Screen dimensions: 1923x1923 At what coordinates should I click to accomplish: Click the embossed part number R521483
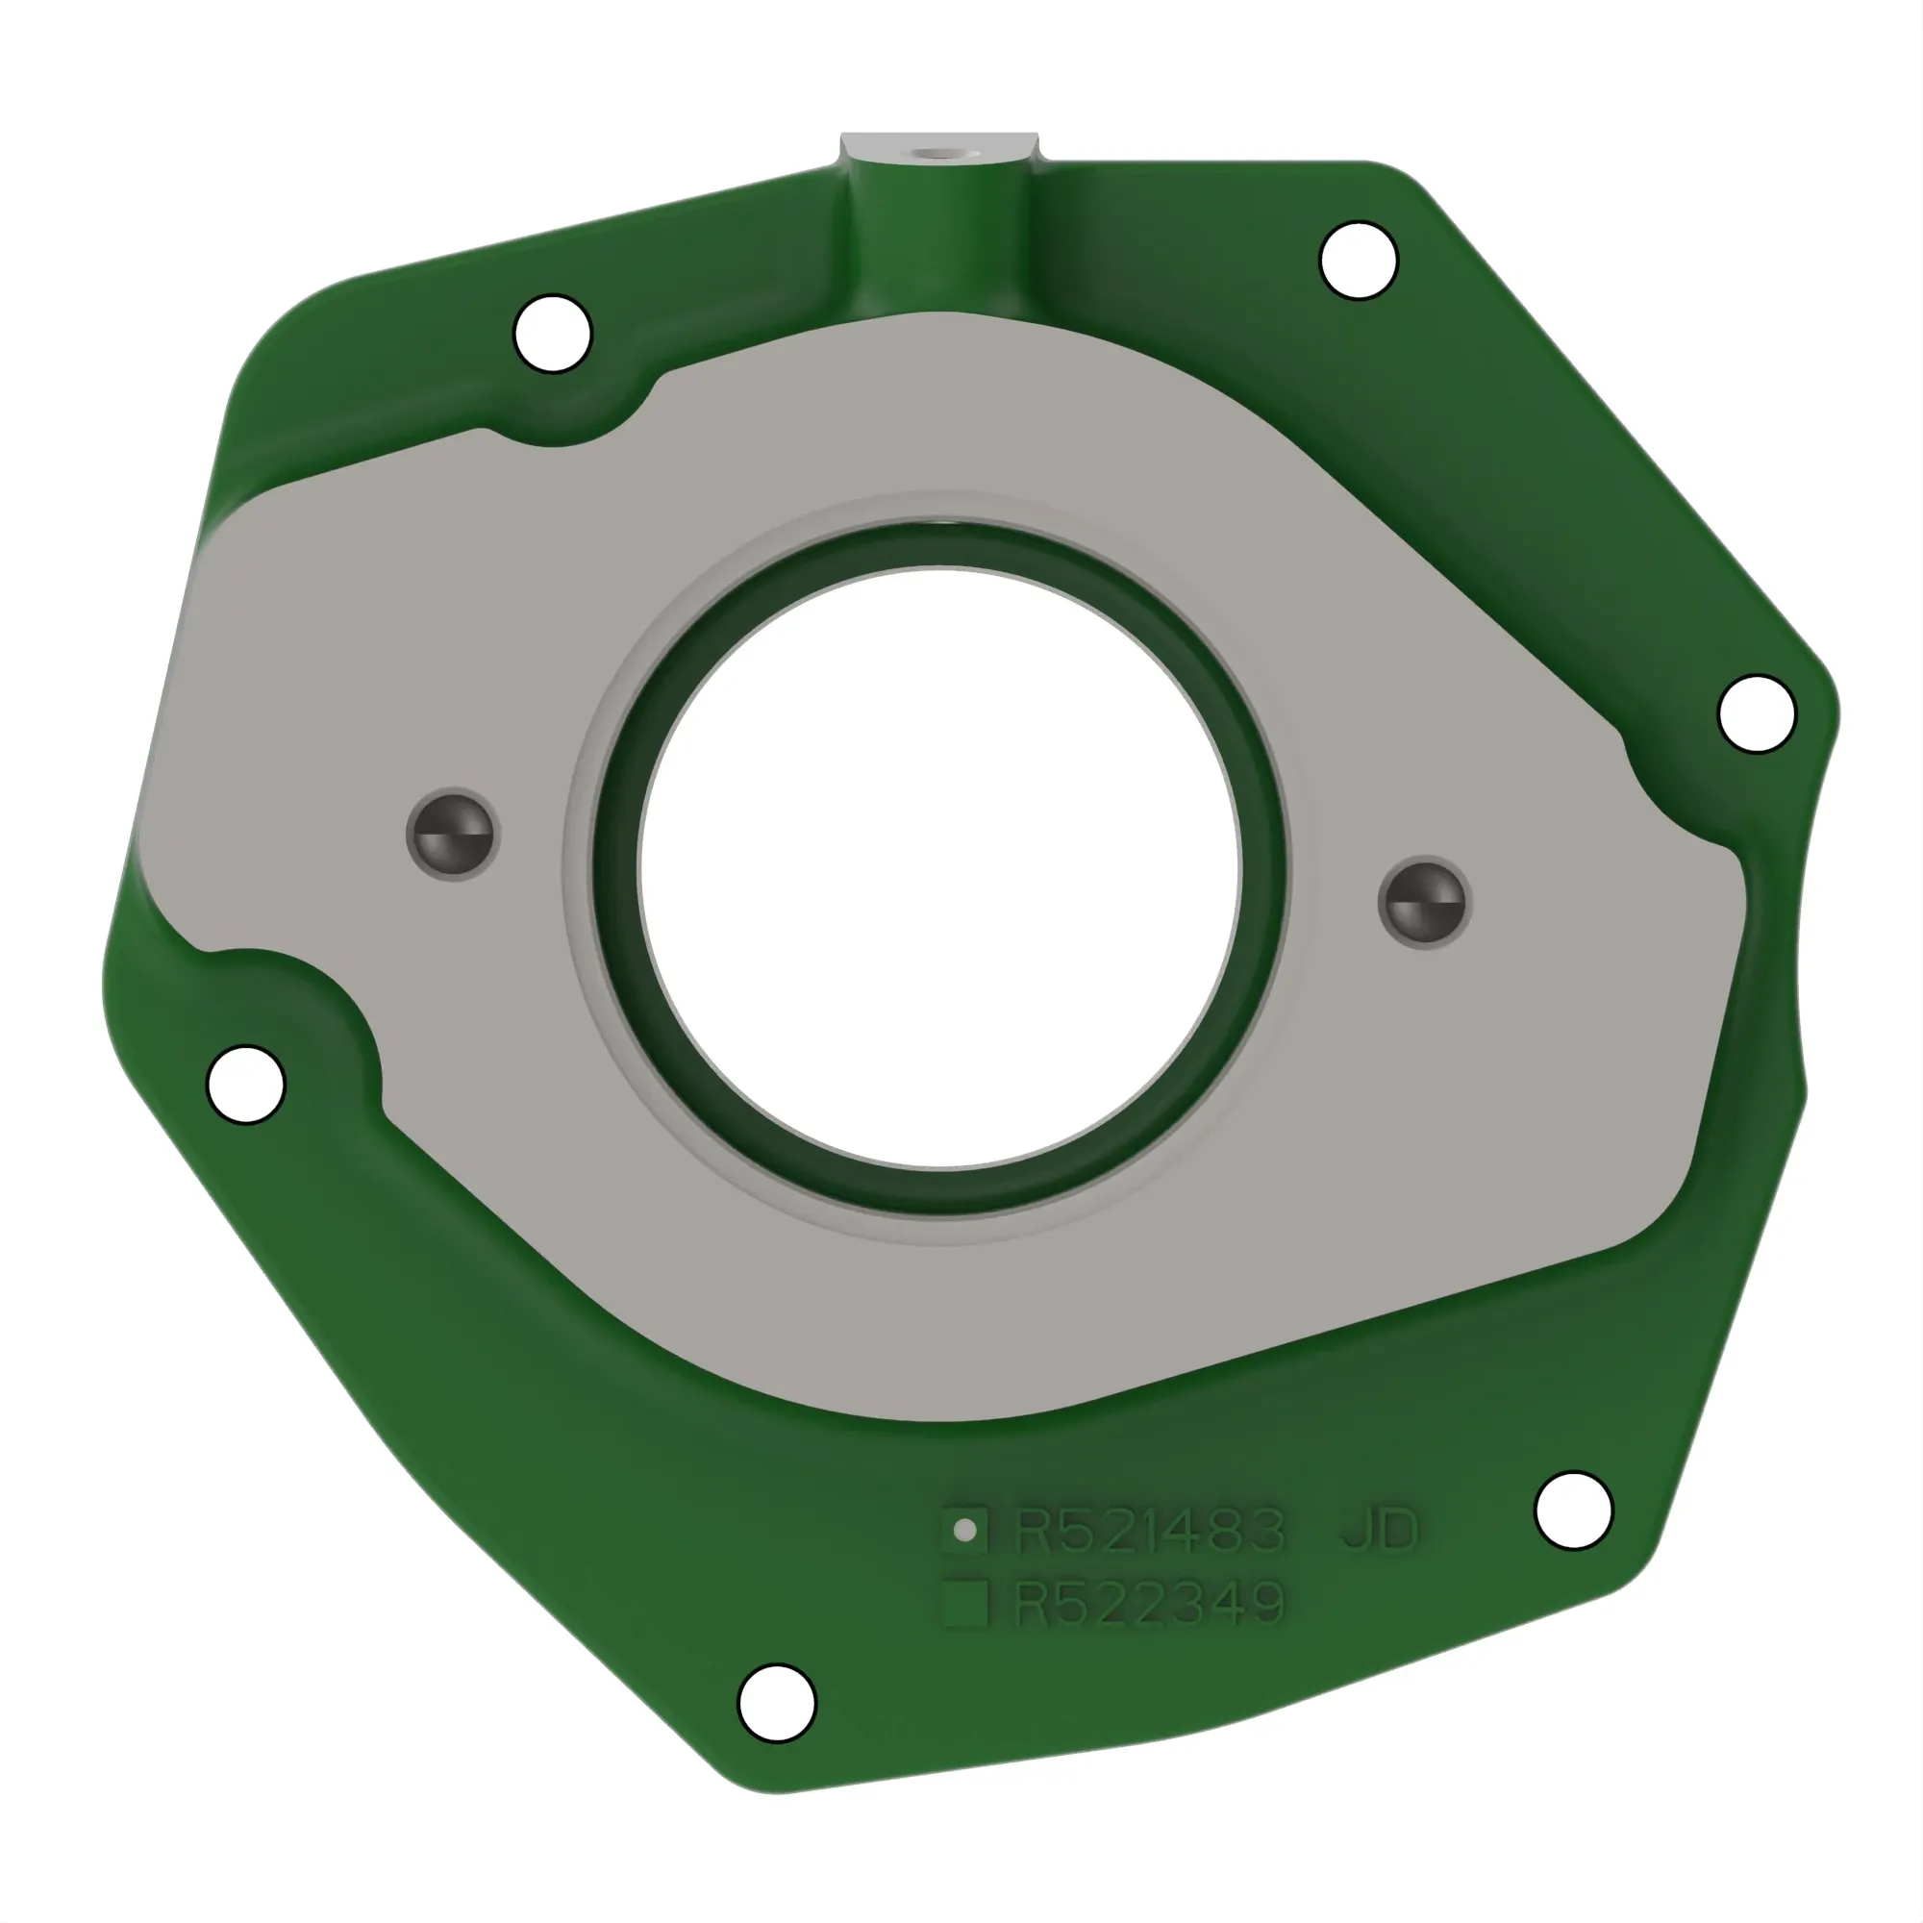point(1150,1531)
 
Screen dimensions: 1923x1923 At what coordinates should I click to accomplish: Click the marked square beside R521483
point(964,1530)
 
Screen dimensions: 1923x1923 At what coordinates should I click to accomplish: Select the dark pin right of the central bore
point(1424,903)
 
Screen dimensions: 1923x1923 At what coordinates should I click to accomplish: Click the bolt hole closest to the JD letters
point(1574,1510)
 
